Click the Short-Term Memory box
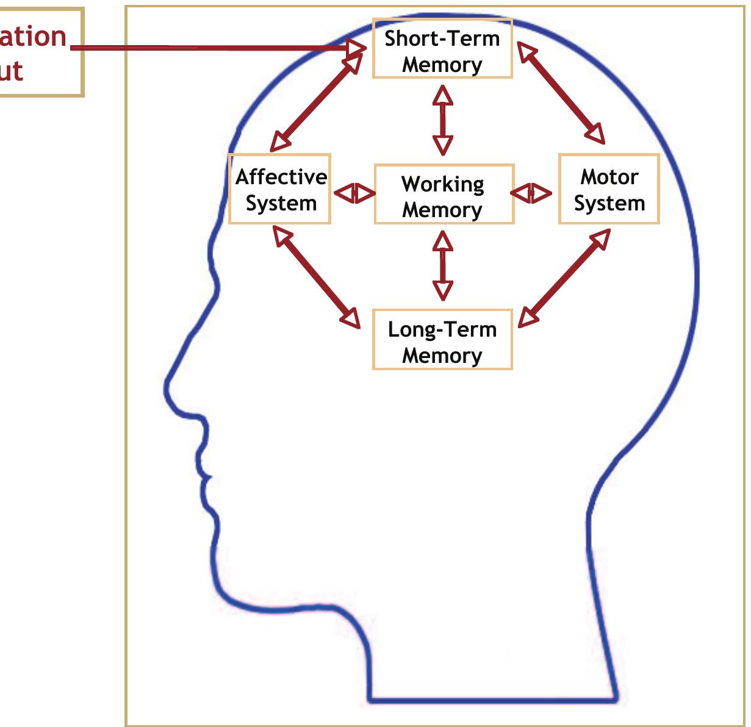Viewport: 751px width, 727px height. (442, 49)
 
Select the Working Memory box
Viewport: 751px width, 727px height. (444, 195)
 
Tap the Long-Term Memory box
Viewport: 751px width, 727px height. (442, 340)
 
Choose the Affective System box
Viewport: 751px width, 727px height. (280, 190)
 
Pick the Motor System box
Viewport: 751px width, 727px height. (609, 190)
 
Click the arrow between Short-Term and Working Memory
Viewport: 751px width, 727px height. (443, 120)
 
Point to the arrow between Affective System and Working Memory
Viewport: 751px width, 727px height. (354, 194)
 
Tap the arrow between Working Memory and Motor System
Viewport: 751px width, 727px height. (531, 193)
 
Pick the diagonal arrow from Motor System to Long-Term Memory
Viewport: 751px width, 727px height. (564, 277)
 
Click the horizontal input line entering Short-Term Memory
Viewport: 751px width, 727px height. (214, 48)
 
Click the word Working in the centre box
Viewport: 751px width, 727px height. (442, 184)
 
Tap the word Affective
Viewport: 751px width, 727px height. (281, 177)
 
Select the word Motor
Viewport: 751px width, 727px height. (609, 177)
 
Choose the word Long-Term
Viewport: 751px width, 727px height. (442, 329)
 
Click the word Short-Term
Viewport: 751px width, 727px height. (442, 38)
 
